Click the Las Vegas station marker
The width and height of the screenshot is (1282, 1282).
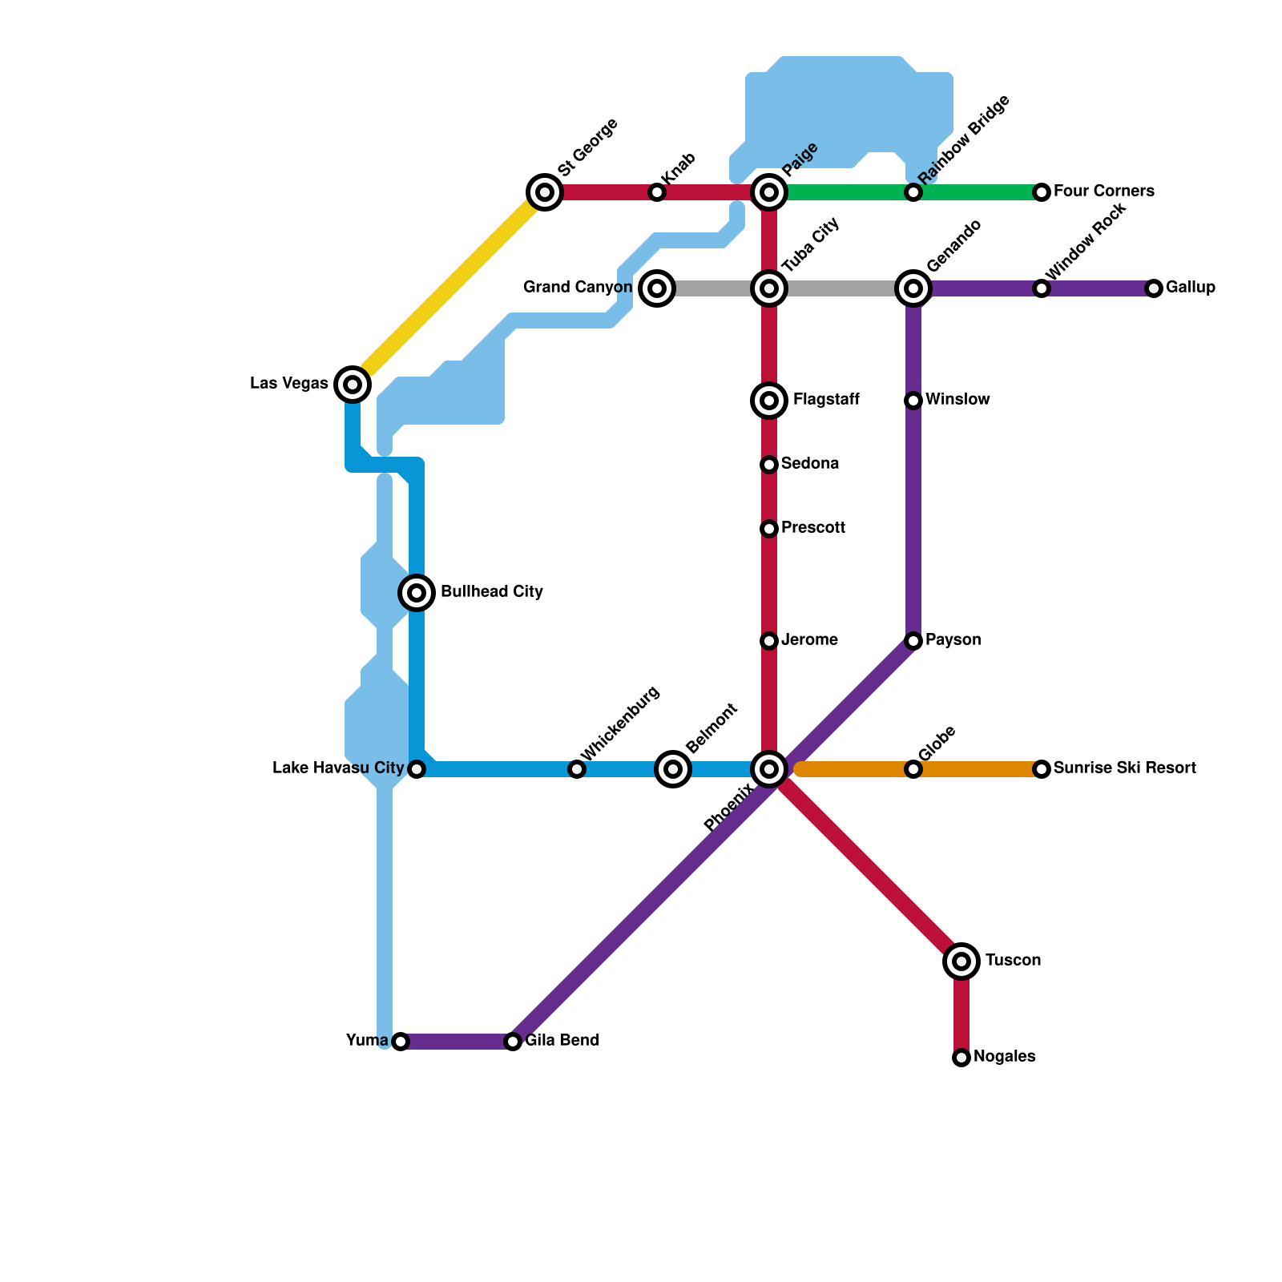click(353, 385)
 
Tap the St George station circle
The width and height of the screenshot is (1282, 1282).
click(545, 192)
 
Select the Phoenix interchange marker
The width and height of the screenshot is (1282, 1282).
click(769, 769)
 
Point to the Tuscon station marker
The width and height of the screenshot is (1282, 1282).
click(961, 961)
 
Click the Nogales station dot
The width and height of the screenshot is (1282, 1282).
click(961, 1058)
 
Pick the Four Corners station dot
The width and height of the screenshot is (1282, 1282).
click(1042, 192)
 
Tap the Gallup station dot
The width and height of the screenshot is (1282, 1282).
click(1154, 288)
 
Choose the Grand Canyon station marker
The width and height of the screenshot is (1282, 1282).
click(657, 288)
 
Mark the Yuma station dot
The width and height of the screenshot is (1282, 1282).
click(401, 1042)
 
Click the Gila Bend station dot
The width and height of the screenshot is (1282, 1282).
click(513, 1042)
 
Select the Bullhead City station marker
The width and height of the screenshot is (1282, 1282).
click(417, 593)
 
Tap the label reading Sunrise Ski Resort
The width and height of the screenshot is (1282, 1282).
click(1124, 768)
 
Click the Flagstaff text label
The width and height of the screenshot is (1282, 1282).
click(826, 400)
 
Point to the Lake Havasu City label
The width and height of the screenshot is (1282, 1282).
click(337, 768)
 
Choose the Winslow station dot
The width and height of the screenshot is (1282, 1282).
click(913, 401)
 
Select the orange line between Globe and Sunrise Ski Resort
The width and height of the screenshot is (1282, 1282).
click(978, 769)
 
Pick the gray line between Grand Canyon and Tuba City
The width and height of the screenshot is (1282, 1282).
click(713, 288)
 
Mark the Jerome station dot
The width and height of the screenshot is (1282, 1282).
click(769, 641)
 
